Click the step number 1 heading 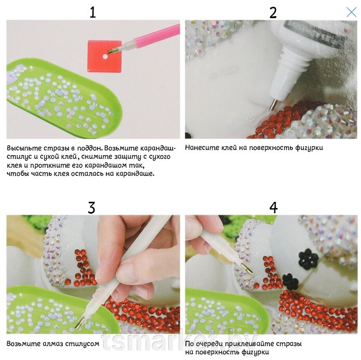pos(92,12)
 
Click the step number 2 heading pos(273,12)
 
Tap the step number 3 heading pos(91,207)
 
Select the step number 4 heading pos(274,207)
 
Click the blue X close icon pos(351,12)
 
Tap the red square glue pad pos(104,57)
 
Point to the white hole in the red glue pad pos(105,57)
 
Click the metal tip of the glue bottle pos(273,105)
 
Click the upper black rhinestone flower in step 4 pos(309,259)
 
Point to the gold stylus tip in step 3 pos(80,323)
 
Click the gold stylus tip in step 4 pos(247,268)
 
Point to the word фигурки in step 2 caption pos(309,148)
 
